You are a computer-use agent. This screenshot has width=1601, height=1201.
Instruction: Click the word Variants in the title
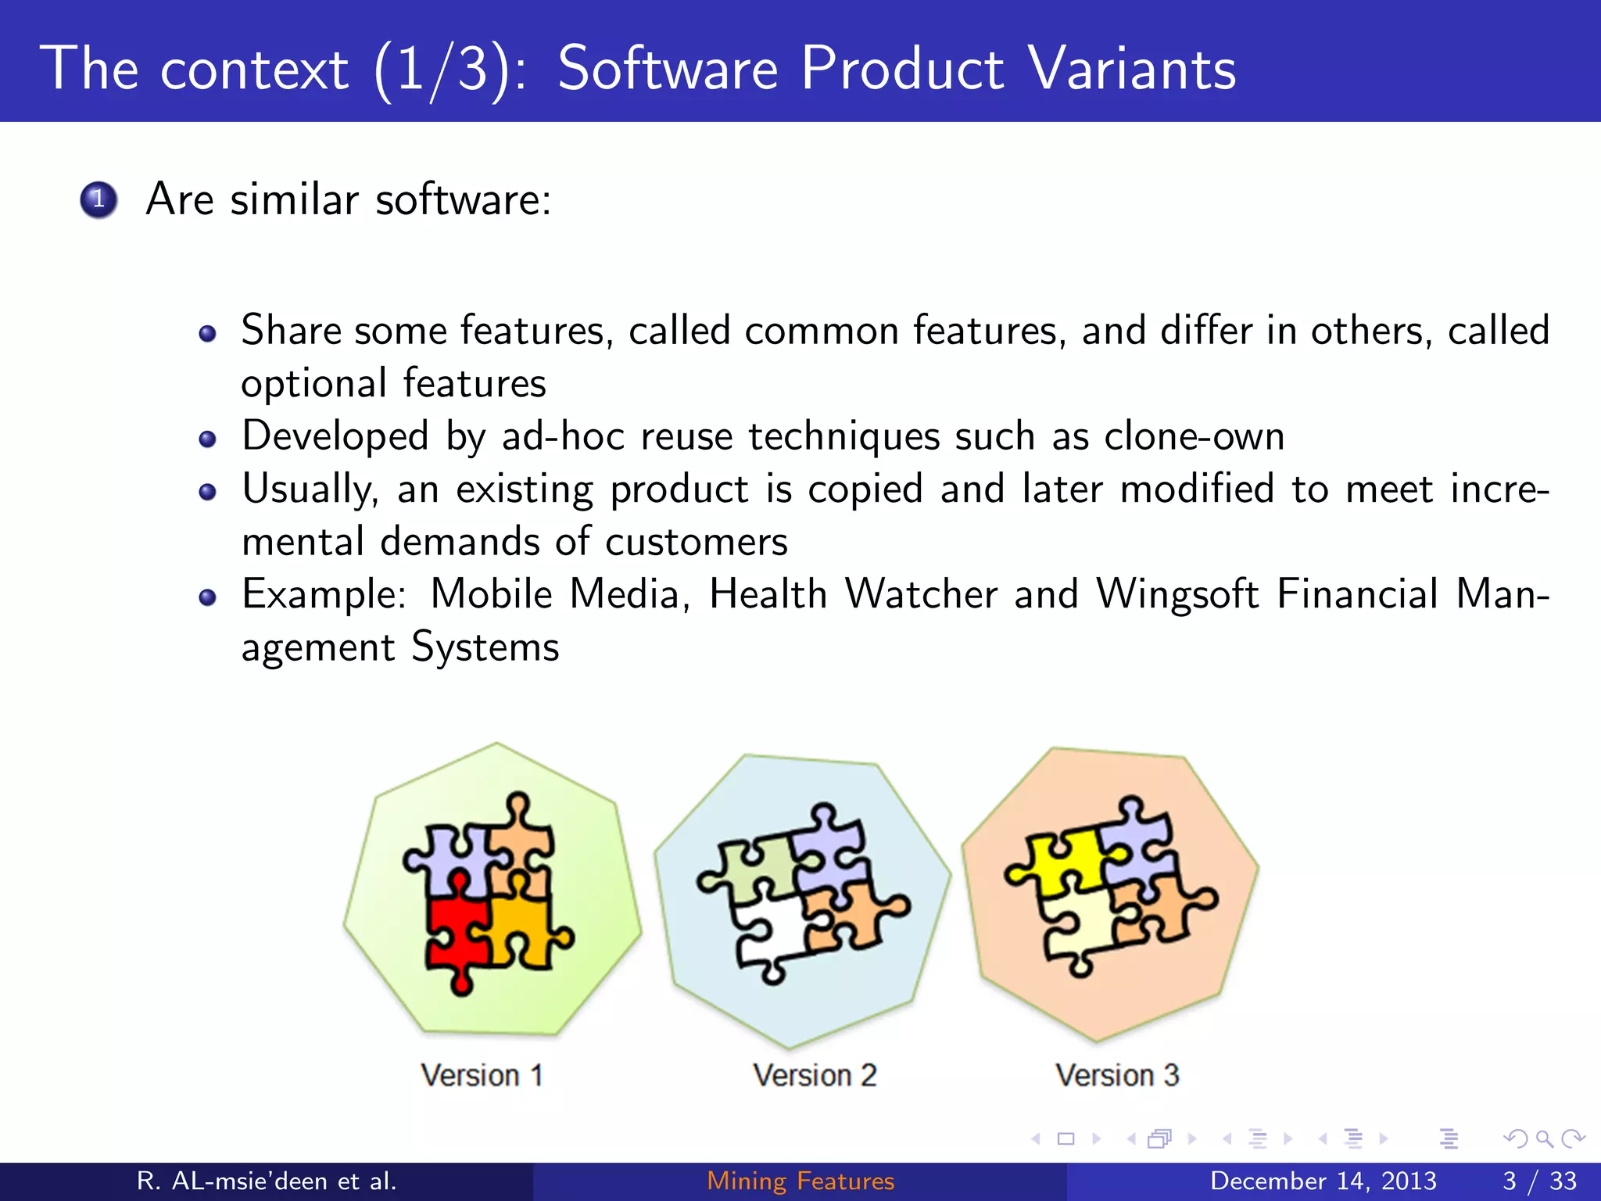(1131, 69)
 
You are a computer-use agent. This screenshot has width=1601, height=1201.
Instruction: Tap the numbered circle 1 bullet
(98, 199)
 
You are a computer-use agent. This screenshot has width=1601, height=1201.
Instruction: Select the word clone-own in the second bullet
(1194, 436)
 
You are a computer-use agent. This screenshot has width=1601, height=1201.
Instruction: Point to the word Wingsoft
(1177, 594)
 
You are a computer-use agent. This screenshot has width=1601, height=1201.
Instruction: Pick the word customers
(696, 542)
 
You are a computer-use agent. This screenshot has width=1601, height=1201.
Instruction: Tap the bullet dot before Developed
(207, 439)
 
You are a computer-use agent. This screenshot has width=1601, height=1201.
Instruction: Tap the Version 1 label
(482, 1075)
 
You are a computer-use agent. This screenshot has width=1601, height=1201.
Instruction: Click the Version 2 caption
(815, 1075)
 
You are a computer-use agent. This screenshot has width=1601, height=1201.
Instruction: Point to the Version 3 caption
(1117, 1075)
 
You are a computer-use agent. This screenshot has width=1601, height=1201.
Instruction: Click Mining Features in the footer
(800, 1181)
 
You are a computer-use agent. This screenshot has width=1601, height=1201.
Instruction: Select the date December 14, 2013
(1323, 1181)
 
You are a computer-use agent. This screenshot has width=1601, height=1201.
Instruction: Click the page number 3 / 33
(1539, 1181)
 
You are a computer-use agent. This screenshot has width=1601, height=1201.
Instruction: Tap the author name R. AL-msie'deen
(266, 1181)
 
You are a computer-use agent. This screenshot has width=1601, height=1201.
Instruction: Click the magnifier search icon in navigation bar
(1544, 1138)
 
